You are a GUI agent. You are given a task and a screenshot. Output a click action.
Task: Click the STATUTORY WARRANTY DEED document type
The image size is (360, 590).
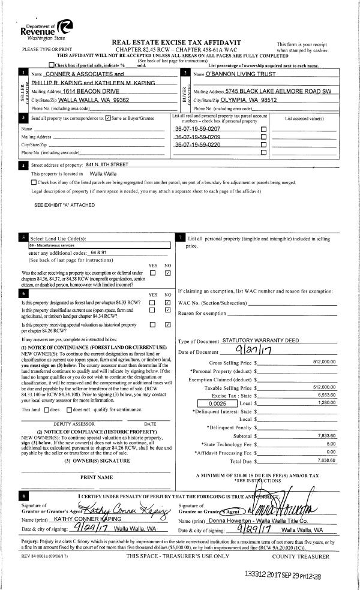coord(260,341)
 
